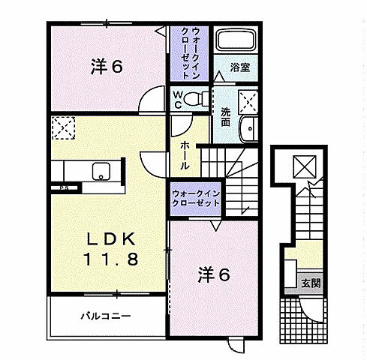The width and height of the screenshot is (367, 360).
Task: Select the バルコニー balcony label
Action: (x=106, y=315)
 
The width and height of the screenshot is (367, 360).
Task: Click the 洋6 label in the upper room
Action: (x=107, y=66)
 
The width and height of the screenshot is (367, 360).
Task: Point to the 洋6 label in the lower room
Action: (x=213, y=274)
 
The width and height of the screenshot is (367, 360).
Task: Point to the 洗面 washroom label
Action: (x=225, y=115)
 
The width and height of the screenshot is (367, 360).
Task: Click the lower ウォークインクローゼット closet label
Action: (x=197, y=197)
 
